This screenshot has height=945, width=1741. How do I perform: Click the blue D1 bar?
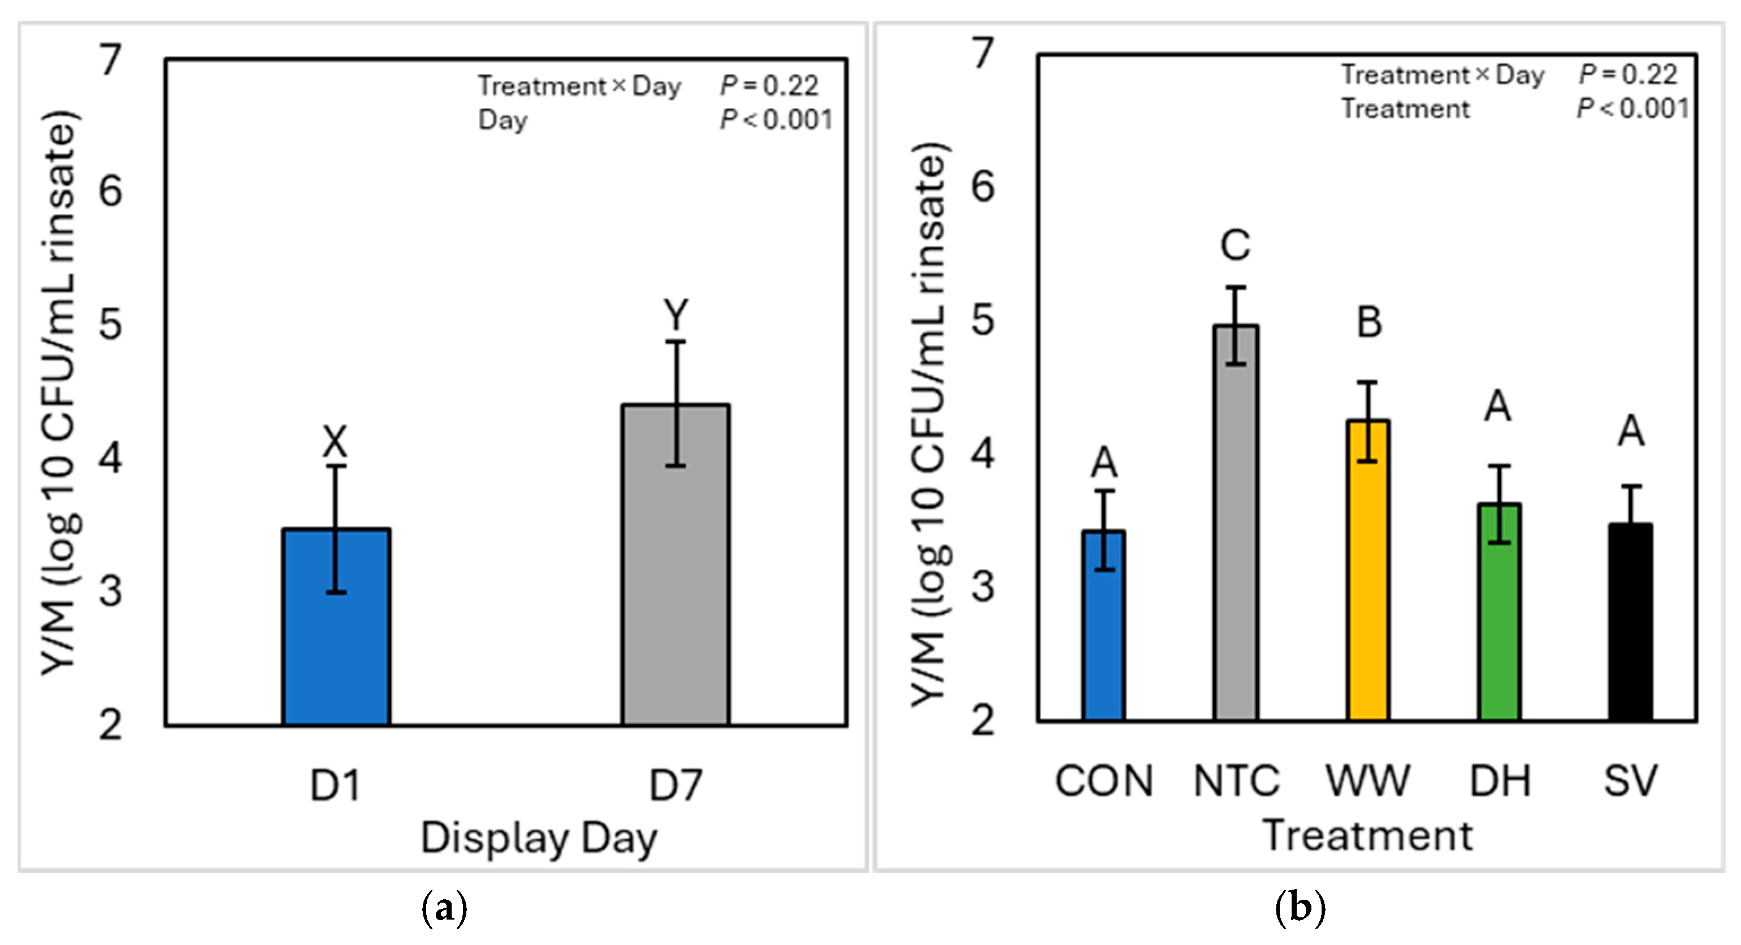(x=336, y=627)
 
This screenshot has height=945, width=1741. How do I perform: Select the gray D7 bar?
(x=676, y=565)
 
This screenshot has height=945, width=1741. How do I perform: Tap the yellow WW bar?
(x=1368, y=571)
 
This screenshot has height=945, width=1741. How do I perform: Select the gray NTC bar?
(x=1236, y=524)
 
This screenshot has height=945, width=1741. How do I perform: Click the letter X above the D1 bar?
(x=335, y=442)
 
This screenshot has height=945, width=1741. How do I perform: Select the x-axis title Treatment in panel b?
(x=1367, y=835)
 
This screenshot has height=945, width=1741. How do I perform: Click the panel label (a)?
(x=444, y=909)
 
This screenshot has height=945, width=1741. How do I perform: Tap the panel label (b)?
(x=1300, y=909)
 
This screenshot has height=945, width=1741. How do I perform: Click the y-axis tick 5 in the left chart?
(x=111, y=325)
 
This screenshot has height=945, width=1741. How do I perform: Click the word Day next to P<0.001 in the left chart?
(x=503, y=120)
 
